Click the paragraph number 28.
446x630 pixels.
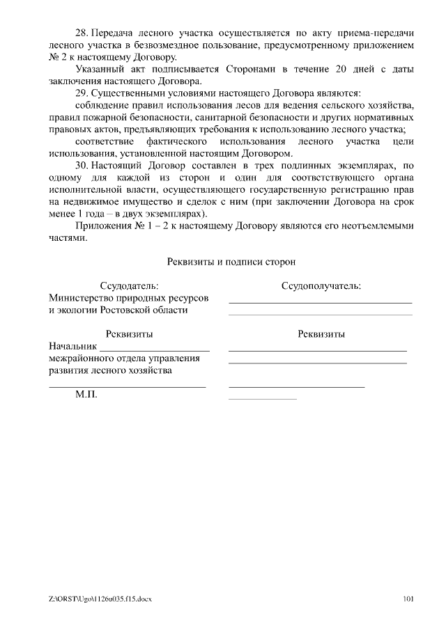pos(81,33)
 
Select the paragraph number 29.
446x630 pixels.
pos(81,93)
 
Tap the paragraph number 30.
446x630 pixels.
pos(81,165)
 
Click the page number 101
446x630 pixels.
pos(409,598)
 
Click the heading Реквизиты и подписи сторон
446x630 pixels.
pos(231,262)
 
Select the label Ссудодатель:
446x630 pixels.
pos(129,286)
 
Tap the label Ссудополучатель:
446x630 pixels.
pos(321,286)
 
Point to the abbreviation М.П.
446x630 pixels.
pos(86,395)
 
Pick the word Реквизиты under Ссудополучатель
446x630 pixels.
pos(321,334)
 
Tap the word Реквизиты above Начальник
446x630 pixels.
pos(129,334)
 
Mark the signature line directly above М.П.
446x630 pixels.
pos(127,386)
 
